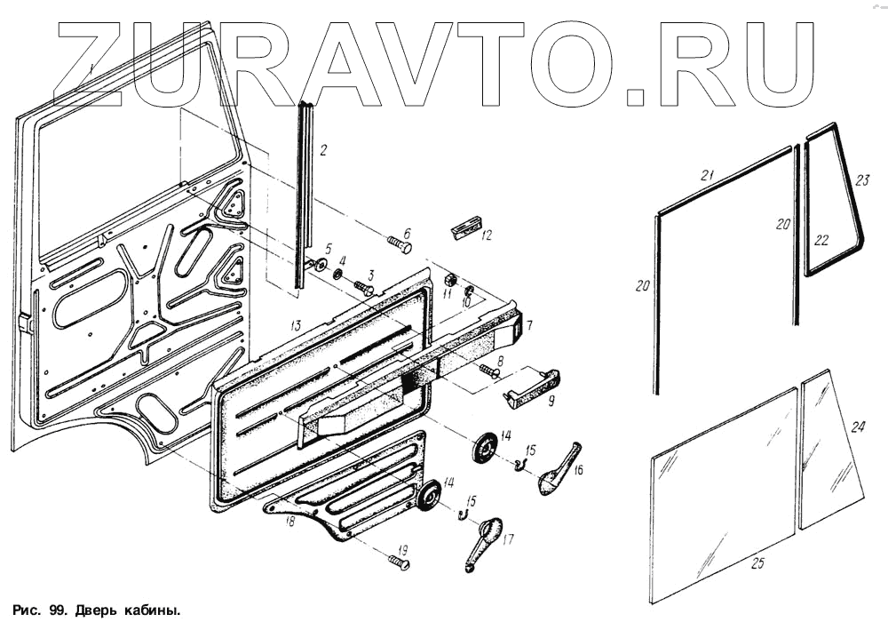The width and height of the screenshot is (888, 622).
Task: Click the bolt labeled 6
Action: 399,243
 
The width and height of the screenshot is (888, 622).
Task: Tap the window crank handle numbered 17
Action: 480,541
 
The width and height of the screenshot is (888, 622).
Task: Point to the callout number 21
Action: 707,176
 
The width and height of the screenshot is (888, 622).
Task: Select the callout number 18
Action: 289,522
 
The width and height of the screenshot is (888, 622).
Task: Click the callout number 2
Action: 323,150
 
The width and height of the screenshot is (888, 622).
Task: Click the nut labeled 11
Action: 449,280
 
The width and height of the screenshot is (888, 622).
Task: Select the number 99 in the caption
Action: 54,610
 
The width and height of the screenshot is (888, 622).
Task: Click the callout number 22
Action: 821,240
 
